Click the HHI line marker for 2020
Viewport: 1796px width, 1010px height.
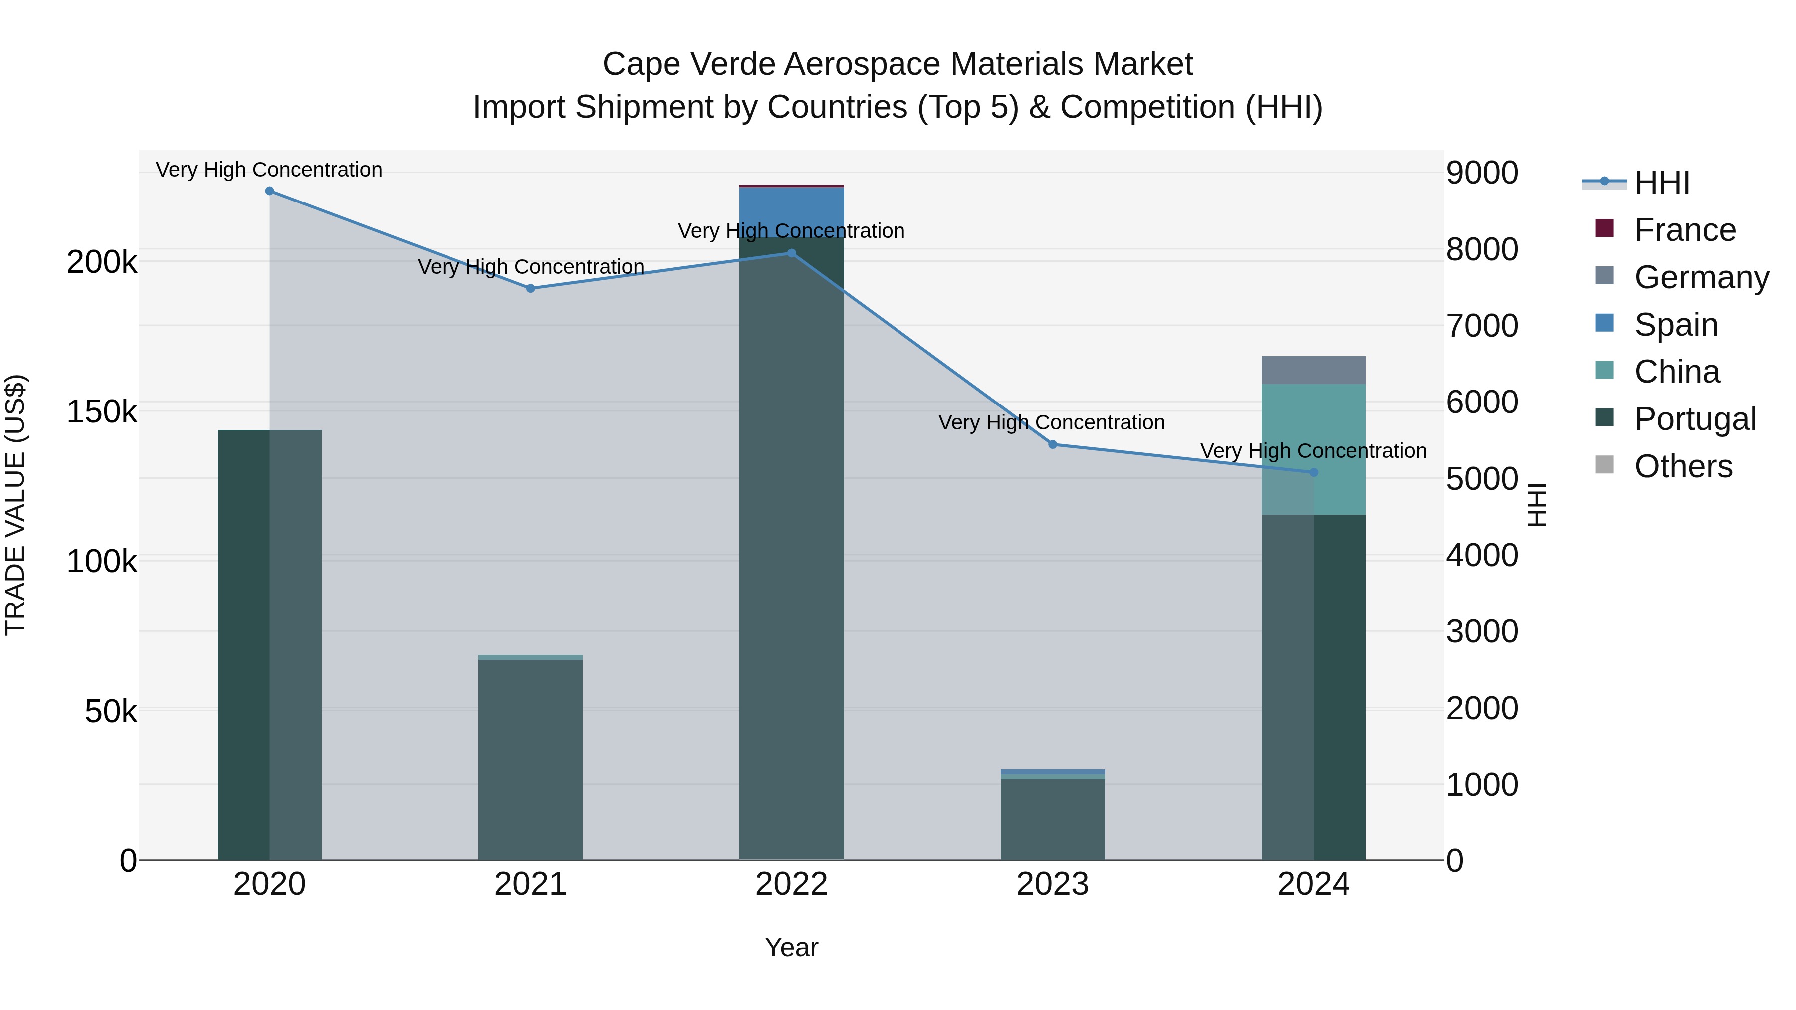click(x=270, y=191)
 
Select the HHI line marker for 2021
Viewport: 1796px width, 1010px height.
click(x=531, y=289)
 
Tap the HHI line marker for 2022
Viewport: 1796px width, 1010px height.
click(x=791, y=254)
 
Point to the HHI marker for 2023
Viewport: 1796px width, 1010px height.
click(x=1053, y=445)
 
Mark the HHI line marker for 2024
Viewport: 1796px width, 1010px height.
click(x=1314, y=473)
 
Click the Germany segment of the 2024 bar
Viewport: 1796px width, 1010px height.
click(x=1314, y=370)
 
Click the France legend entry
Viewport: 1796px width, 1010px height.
click(x=1684, y=230)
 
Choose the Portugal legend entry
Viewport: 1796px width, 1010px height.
click(x=1694, y=419)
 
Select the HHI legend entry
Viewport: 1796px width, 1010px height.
click(x=1661, y=183)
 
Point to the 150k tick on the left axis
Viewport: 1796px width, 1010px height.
click(x=102, y=412)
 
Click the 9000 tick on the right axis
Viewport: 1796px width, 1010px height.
click(x=1482, y=173)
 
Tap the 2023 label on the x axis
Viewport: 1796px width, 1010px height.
click(x=1053, y=884)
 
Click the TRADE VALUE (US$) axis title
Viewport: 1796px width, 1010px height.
click(x=15, y=505)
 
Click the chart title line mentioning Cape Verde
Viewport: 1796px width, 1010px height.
click(x=898, y=64)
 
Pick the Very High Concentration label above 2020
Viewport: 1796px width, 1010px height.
click(x=269, y=170)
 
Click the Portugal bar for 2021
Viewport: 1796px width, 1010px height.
click(x=531, y=760)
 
